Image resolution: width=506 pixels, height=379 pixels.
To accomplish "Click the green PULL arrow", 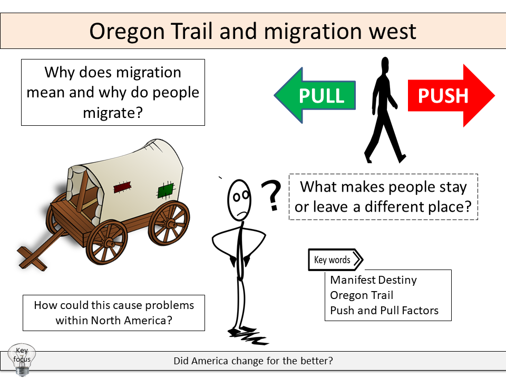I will [x=316, y=96].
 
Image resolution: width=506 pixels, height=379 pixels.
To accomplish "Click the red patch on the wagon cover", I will [x=122, y=187].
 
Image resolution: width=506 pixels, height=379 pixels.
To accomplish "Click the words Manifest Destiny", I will [x=373, y=280].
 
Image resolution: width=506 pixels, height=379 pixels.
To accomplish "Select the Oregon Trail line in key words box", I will [x=362, y=295].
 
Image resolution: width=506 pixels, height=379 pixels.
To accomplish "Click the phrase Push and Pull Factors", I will [x=384, y=311].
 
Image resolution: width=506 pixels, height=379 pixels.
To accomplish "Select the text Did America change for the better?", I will [x=253, y=362].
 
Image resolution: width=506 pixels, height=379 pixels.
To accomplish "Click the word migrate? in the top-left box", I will [x=113, y=113].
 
